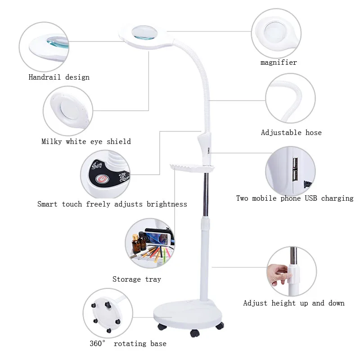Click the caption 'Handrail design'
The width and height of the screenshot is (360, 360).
point(59,77)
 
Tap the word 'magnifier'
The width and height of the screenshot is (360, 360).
point(279,63)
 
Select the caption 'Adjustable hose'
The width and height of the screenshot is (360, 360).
point(291,132)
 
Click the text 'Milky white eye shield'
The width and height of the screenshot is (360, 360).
point(86,141)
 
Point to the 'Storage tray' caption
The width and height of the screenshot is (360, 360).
point(136,279)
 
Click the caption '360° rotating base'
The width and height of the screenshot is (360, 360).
point(128,344)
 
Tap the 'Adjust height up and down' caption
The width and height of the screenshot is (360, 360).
point(294,303)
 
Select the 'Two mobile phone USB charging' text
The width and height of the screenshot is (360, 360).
point(295,198)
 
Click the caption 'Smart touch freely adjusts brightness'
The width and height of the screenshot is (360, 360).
point(112,204)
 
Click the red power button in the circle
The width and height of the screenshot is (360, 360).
point(103,180)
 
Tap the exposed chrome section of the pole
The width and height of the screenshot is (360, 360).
point(206,193)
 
